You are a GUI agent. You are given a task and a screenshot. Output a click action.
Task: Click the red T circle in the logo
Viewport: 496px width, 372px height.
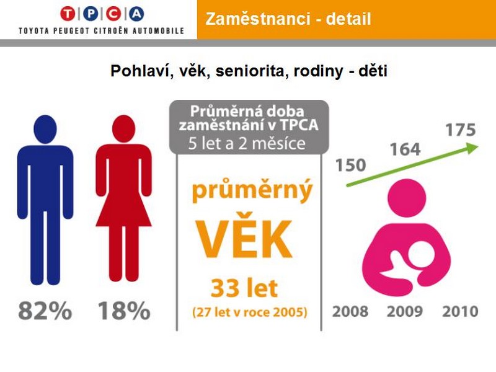click(x=68, y=14)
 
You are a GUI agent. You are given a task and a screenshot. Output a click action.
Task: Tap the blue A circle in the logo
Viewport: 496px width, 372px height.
click(x=136, y=14)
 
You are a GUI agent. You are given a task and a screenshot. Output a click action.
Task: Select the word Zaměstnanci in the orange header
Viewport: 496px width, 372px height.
click(x=258, y=19)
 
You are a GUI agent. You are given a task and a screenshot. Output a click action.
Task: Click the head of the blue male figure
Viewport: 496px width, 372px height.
click(x=45, y=129)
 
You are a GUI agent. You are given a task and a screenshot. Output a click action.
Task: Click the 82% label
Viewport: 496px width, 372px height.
click(x=45, y=311)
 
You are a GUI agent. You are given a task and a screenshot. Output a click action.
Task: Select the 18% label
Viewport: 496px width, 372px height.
click(x=124, y=311)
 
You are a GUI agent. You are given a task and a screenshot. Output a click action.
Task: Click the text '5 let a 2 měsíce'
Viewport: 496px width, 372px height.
click(x=247, y=144)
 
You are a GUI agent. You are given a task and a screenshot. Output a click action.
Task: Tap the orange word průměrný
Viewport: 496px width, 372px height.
click(x=252, y=190)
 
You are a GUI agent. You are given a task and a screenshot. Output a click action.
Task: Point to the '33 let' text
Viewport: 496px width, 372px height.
click(x=244, y=288)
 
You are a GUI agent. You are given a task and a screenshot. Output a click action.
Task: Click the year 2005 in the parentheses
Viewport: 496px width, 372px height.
click(x=288, y=312)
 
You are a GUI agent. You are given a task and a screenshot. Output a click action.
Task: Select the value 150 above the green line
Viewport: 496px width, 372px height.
click(x=350, y=165)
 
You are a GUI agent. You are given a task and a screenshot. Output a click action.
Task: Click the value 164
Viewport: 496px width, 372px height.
click(x=405, y=149)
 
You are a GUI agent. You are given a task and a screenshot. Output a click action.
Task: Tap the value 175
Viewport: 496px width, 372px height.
click(x=461, y=130)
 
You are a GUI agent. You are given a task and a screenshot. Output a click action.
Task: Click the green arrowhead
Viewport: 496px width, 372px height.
click(x=472, y=148)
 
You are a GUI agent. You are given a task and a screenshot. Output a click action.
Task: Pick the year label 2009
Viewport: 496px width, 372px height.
click(x=405, y=312)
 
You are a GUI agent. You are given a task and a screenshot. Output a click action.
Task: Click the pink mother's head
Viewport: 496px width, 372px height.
click(x=407, y=198)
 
